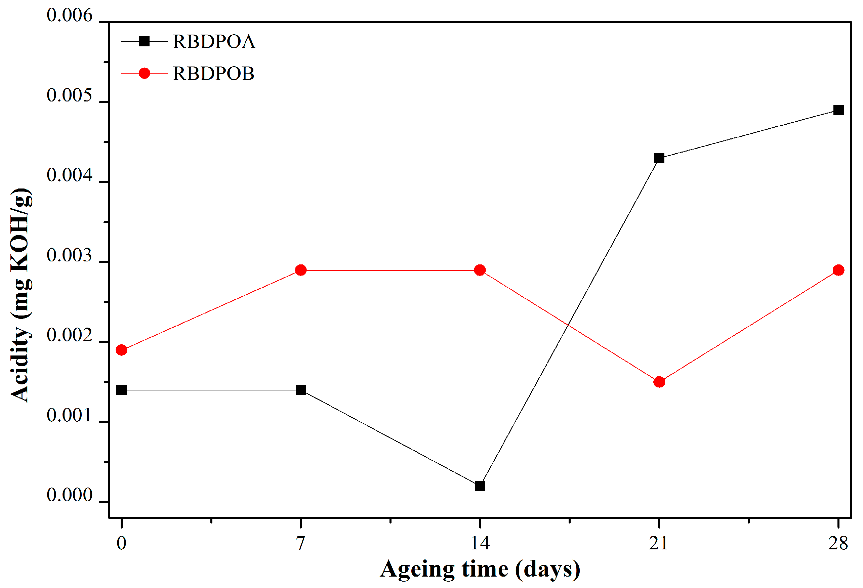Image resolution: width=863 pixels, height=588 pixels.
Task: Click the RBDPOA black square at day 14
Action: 480,486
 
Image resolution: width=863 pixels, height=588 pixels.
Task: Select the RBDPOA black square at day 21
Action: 659,159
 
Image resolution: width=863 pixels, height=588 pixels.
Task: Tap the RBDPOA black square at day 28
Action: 838,110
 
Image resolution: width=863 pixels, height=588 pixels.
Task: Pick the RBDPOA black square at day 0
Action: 121,390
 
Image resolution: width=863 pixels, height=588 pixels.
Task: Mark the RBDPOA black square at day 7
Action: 301,390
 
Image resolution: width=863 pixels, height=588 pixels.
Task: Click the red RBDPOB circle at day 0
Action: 121,350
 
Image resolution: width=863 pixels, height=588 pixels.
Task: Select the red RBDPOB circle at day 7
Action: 301,270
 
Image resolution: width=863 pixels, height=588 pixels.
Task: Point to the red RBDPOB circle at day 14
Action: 480,270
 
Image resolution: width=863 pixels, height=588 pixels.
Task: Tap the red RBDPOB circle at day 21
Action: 659,382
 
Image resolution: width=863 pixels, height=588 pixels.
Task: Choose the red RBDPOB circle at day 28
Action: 838,270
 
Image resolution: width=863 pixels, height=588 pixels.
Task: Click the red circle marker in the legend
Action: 144,74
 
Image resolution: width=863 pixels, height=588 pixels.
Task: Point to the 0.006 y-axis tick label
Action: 69,15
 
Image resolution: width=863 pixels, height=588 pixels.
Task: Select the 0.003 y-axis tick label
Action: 69,255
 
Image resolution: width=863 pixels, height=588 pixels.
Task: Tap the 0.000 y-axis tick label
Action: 69,495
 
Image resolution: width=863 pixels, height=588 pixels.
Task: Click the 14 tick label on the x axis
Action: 480,543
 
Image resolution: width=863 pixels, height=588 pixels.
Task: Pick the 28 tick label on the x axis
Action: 838,543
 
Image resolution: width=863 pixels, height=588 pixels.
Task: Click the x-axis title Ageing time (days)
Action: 480,569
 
